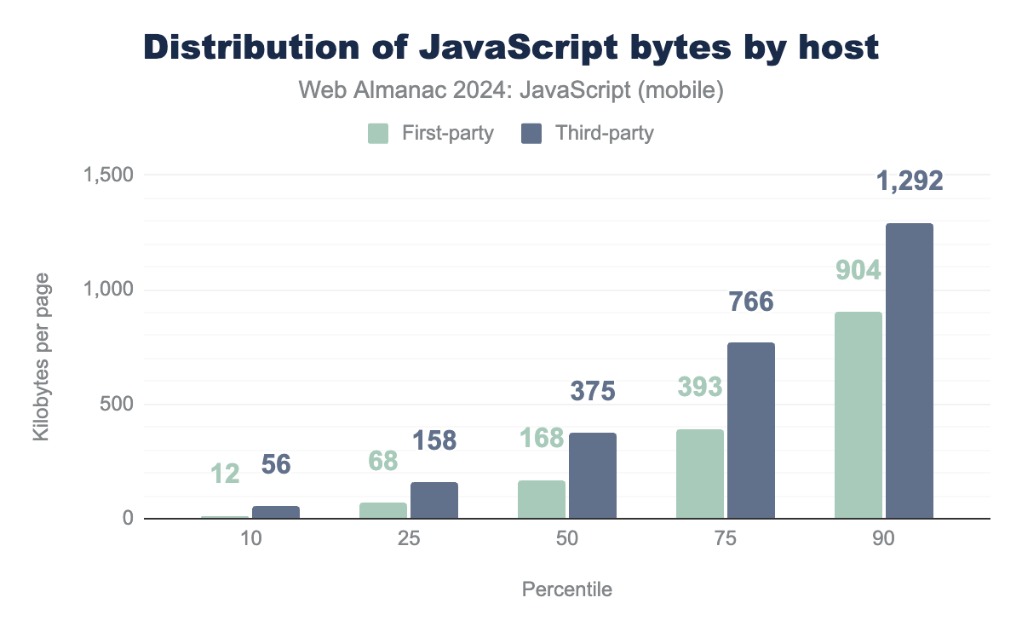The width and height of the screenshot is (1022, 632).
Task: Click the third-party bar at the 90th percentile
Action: [x=910, y=371]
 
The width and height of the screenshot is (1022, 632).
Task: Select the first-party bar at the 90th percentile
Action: [x=858, y=415]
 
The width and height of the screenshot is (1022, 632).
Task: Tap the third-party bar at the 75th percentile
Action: [x=751, y=430]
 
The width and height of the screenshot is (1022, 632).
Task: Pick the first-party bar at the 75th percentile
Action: [x=700, y=474]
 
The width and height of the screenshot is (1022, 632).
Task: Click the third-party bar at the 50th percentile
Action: [x=593, y=475]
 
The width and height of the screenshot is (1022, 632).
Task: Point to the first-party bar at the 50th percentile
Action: [x=542, y=499]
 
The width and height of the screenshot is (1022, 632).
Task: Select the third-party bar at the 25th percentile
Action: [x=434, y=500]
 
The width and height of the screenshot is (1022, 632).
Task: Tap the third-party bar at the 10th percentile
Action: [x=276, y=512]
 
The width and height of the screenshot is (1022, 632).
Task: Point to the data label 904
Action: [x=858, y=270]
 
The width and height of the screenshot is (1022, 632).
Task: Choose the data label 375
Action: [x=592, y=391]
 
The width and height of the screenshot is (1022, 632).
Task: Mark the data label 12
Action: [x=225, y=473]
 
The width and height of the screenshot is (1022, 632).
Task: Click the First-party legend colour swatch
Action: [x=378, y=134]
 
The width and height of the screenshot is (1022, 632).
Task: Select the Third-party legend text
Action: [x=604, y=134]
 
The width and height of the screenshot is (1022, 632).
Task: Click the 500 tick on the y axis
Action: [x=117, y=404]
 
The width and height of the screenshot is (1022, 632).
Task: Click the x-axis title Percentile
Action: [x=566, y=589]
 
